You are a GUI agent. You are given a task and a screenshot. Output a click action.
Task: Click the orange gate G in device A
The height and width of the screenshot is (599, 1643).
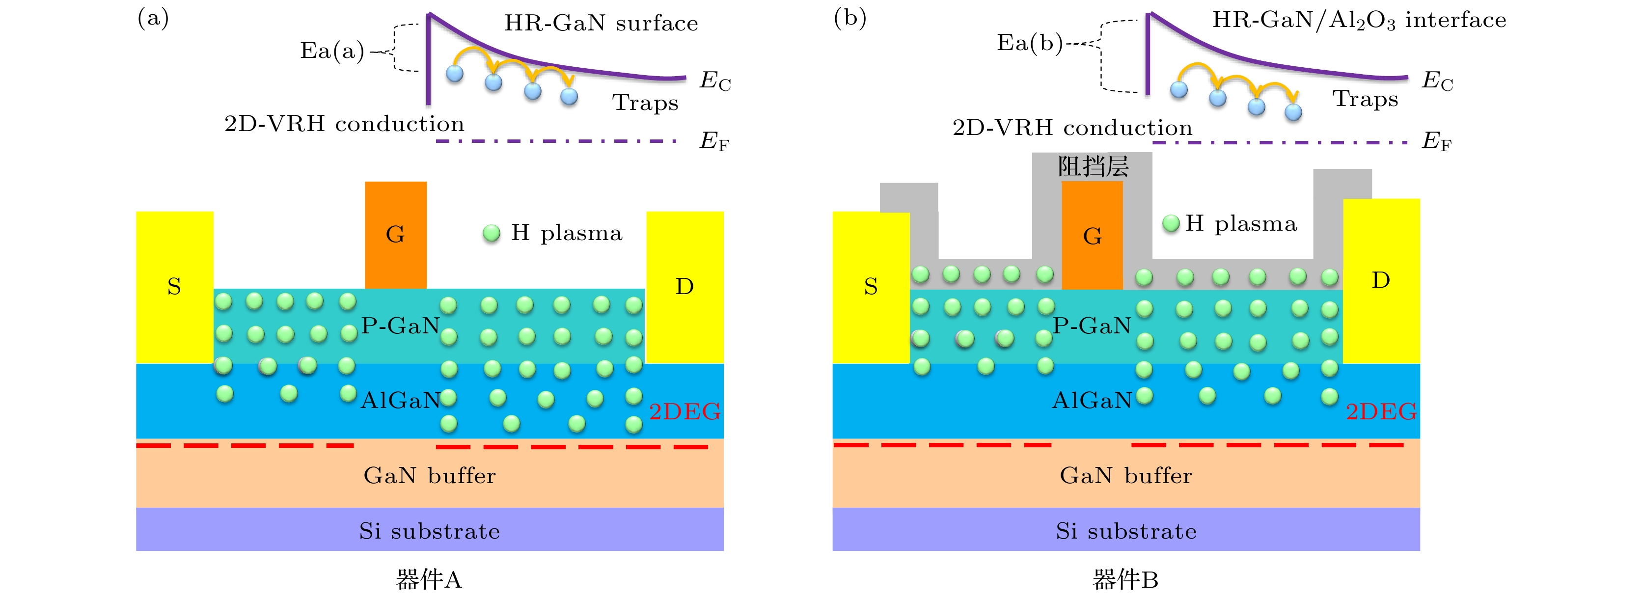pyautogui.click(x=395, y=235)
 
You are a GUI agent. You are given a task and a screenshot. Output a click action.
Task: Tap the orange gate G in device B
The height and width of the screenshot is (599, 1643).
pyautogui.click(x=1092, y=236)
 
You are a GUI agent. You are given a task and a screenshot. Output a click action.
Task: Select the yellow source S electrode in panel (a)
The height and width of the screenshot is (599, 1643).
pyautogui.click(x=174, y=287)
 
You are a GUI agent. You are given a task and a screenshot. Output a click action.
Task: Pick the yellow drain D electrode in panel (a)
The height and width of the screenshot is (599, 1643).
pyautogui.click(x=685, y=287)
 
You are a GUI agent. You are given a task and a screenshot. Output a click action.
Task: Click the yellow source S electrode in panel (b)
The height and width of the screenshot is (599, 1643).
pyautogui.click(x=871, y=287)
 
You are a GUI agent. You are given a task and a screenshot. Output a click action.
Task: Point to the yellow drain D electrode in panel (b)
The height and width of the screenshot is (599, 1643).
pyautogui.click(x=1381, y=281)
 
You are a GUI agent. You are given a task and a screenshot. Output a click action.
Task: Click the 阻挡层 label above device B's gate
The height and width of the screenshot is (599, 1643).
pyautogui.click(x=1093, y=167)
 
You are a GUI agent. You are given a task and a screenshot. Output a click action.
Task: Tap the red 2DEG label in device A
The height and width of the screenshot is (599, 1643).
pyautogui.click(x=685, y=411)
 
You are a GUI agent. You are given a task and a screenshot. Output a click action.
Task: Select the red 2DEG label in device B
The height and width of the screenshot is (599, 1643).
pyautogui.click(x=1381, y=411)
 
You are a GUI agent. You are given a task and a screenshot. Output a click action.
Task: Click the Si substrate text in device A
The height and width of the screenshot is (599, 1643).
pyautogui.click(x=429, y=531)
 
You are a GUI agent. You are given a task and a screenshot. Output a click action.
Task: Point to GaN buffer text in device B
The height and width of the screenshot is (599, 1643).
pyautogui.click(x=1126, y=475)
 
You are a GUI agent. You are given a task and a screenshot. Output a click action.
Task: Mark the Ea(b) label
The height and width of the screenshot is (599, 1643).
pyautogui.click(x=1029, y=43)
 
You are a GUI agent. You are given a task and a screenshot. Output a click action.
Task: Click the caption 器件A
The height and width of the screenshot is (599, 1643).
pyautogui.click(x=429, y=579)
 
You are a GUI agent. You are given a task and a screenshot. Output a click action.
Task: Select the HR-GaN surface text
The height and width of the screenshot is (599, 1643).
pyautogui.click(x=601, y=24)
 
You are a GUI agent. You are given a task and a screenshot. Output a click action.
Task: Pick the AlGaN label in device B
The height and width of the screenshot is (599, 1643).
pyautogui.click(x=1091, y=400)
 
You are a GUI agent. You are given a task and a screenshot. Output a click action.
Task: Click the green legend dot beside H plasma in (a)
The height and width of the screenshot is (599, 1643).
pyautogui.click(x=491, y=234)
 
